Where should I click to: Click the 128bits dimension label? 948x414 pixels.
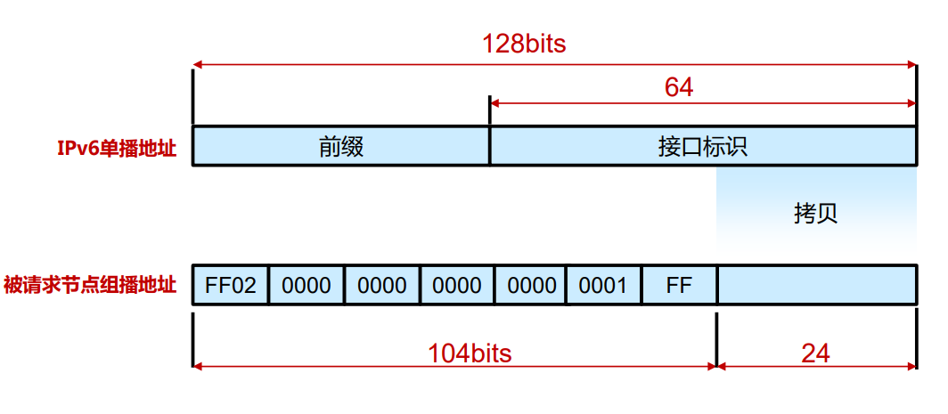click(524, 44)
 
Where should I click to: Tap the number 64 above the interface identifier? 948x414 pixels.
click(679, 87)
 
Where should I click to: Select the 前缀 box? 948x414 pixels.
click(341, 146)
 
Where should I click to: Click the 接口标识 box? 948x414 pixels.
click(703, 146)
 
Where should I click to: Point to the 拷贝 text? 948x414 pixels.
click(815, 214)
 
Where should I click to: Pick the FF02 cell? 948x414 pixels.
click(231, 286)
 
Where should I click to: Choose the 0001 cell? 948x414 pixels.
click(603, 286)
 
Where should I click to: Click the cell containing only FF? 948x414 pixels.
click(679, 286)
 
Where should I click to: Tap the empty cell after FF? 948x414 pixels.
click(816, 286)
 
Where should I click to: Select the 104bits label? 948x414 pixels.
click(470, 353)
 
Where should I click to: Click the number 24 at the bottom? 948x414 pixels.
click(815, 353)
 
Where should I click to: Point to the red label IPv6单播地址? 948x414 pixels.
click(117, 149)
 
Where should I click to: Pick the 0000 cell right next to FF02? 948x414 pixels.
click(306, 286)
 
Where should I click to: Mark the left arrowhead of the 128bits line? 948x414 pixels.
click(198, 64)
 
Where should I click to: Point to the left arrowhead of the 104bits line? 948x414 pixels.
click(198, 365)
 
